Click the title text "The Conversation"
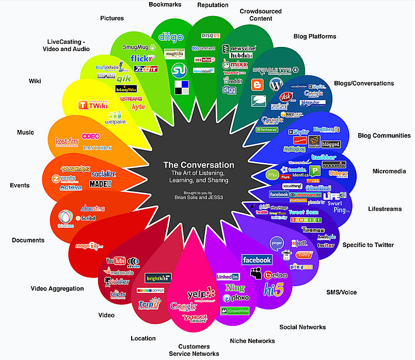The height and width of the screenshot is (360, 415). (199, 165)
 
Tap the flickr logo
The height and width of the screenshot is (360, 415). (140, 58)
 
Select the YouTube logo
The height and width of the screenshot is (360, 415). (115, 261)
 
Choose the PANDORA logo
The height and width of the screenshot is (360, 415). (93, 148)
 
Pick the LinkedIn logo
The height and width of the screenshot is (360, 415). (228, 277)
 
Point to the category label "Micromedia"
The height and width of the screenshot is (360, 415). (389, 171)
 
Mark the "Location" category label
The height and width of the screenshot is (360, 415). (143, 338)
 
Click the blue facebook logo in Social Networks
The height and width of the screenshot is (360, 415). (257, 260)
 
